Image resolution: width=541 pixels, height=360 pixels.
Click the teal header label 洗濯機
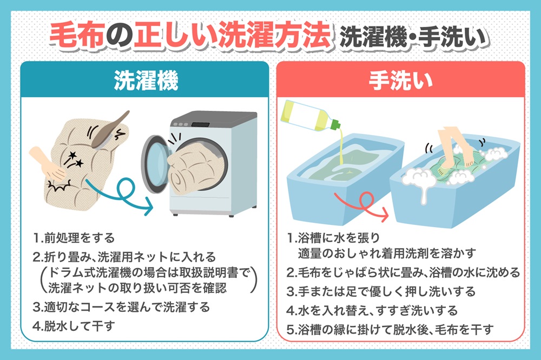pyautogui.click(x=146, y=81)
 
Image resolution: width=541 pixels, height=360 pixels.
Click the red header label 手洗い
pyautogui.click(x=400, y=81)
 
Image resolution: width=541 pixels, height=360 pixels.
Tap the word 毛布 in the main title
pyautogui.click(x=77, y=35)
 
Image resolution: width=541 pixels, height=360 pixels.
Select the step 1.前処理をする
pyautogui.click(x=74, y=238)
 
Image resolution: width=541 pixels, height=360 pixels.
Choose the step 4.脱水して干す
pyautogui.click(x=74, y=326)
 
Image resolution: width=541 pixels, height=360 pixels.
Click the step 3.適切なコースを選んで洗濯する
pyautogui.click(x=121, y=307)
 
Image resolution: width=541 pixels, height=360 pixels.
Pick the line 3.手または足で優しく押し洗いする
pyautogui.click(x=381, y=292)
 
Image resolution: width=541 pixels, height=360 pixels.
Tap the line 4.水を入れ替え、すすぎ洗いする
pyautogui.click(x=372, y=311)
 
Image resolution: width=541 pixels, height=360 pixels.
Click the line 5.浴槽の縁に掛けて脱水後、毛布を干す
pyautogui.click(x=390, y=330)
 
